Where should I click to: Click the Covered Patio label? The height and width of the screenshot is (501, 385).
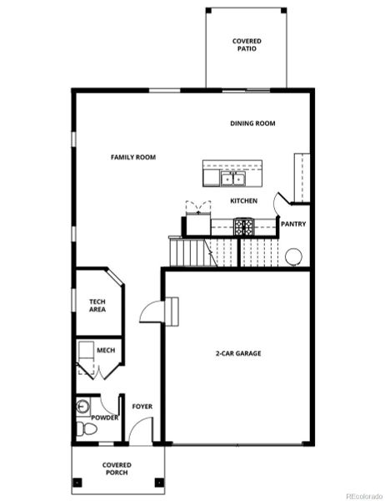[x=246, y=44]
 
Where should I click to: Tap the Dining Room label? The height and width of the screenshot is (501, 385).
[x=252, y=124]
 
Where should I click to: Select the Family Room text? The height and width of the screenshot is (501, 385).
[x=133, y=157]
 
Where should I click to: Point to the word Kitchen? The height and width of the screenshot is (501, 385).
[x=243, y=201]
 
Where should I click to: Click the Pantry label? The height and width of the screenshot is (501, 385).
[x=292, y=224]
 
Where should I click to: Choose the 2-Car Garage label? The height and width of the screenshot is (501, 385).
[x=238, y=353]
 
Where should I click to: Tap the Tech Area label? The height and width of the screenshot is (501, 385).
[x=97, y=306]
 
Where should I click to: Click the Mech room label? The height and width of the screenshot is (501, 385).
[x=106, y=351]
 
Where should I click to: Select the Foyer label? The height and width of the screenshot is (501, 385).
[x=142, y=407]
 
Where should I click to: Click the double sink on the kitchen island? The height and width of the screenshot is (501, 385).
[x=232, y=178]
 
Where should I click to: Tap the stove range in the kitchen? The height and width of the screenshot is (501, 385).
[x=243, y=225]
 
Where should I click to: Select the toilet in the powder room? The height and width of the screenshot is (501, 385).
[x=82, y=429]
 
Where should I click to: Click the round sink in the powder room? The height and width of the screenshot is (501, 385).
[x=82, y=407]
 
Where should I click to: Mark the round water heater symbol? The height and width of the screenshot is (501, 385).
[x=293, y=257]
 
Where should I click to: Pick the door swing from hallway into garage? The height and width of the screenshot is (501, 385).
[x=152, y=311]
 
